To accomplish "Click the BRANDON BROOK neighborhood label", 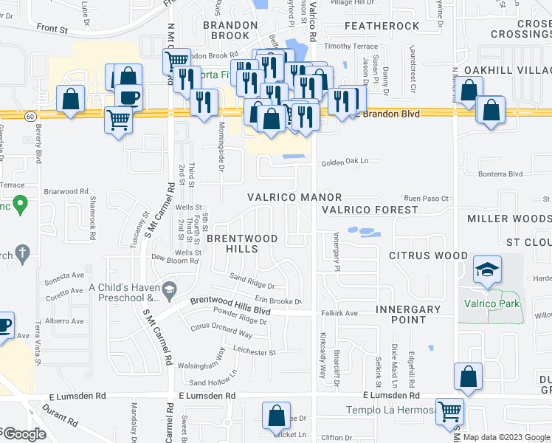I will click(x=230, y=30).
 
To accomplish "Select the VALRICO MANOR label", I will click(x=294, y=198).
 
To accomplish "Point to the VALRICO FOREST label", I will click(x=370, y=210).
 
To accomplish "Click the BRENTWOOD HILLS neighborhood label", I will click(x=242, y=244).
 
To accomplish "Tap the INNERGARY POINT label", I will click(x=408, y=315).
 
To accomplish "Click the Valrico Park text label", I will click(x=491, y=303).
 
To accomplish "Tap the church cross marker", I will click(x=22, y=253).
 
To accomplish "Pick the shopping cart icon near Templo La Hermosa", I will click(x=449, y=411).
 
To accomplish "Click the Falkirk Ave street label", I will click(x=339, y=313).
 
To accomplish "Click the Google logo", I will click(x=24, y=434).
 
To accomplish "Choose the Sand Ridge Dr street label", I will click(x=252, y=281).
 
